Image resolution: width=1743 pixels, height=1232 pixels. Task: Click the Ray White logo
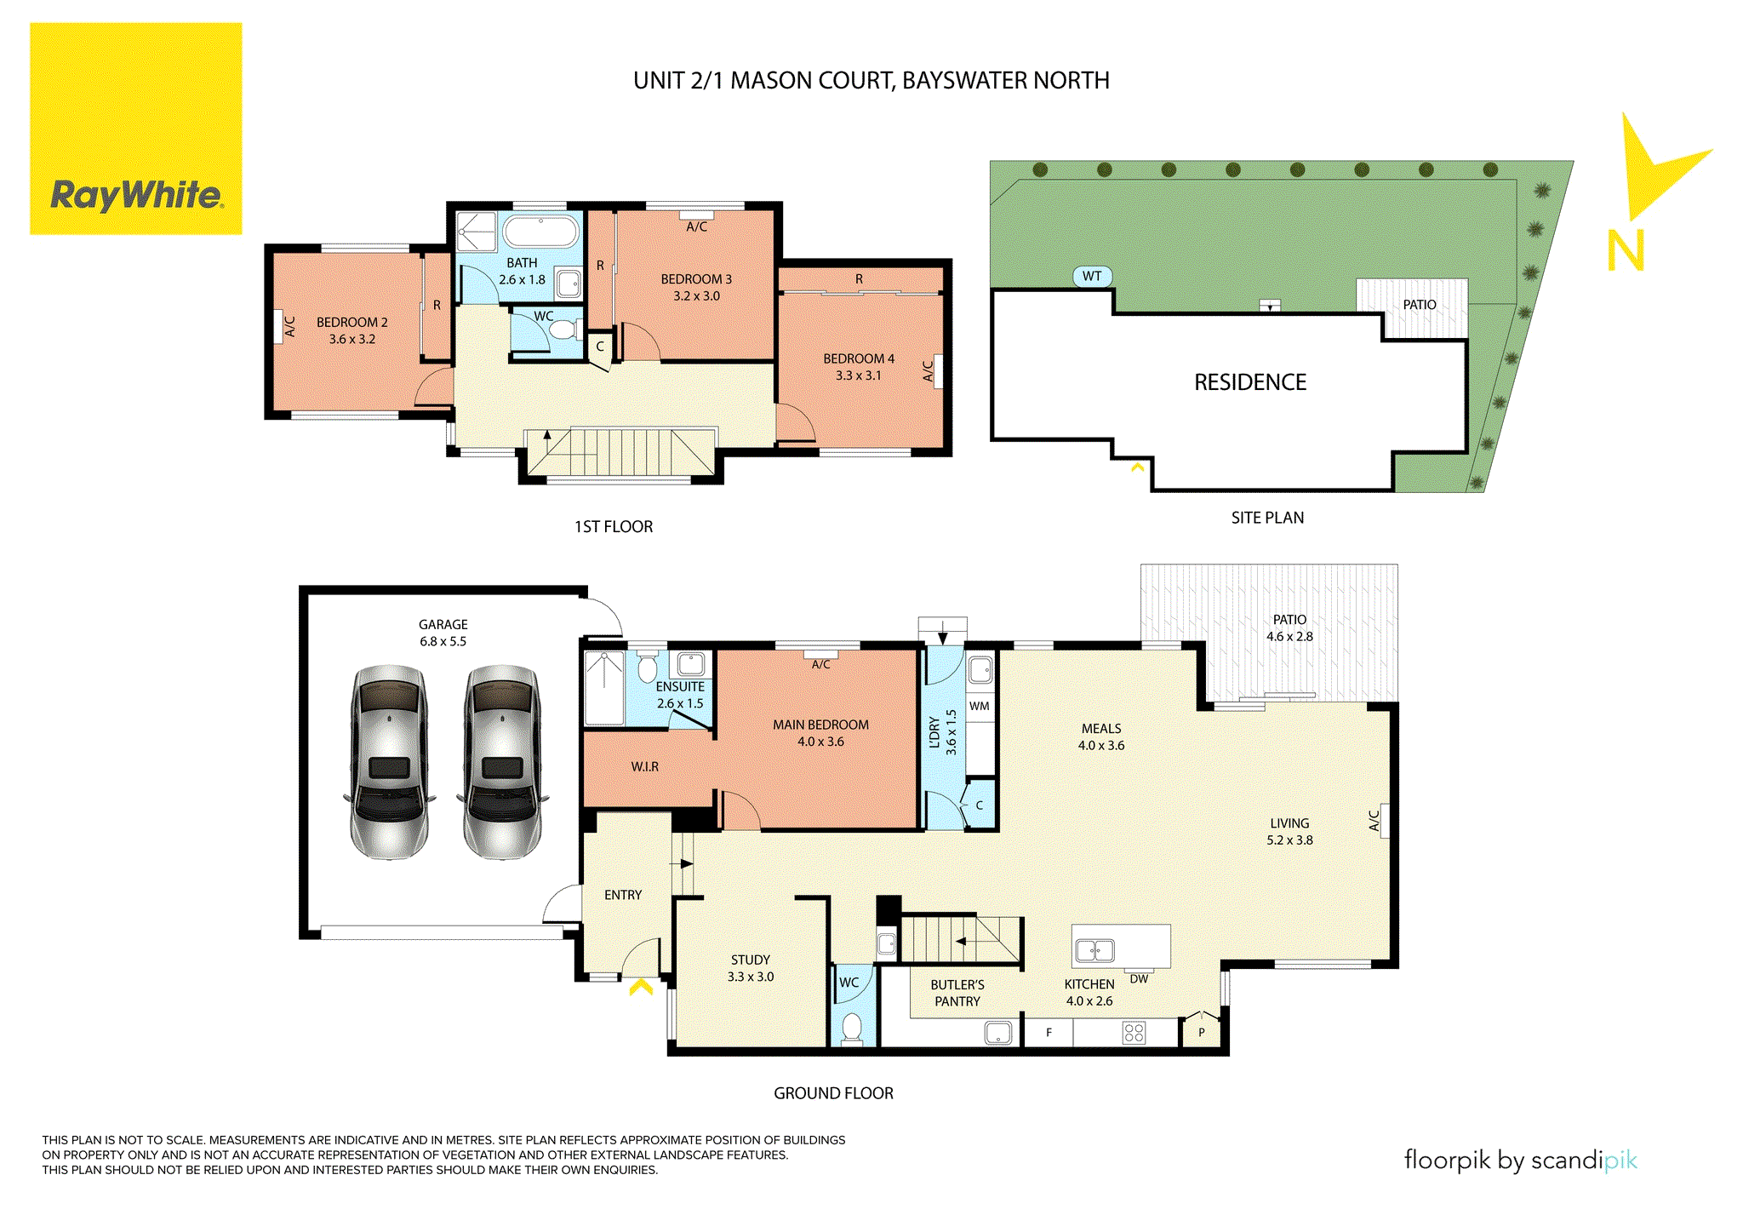136,129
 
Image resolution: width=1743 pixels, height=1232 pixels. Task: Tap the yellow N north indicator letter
1625,250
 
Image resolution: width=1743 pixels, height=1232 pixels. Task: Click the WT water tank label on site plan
1092,276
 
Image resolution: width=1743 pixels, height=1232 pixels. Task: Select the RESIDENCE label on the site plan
1249,382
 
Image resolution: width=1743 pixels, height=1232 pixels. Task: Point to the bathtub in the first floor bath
540,231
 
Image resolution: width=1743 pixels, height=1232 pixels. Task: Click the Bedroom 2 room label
351,322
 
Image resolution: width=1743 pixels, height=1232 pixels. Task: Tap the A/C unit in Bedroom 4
937,371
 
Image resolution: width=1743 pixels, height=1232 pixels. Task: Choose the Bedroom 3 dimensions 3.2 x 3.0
696,296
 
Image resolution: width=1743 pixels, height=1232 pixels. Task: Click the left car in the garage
390,762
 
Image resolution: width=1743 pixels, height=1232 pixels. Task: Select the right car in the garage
502,762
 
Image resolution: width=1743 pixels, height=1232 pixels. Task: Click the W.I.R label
644,766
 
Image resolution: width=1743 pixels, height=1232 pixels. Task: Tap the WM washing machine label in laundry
980,706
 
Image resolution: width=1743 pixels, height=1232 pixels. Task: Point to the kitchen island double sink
1095,949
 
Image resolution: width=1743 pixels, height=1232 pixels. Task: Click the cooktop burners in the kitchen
1134,1033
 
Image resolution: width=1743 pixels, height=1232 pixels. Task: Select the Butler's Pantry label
957,993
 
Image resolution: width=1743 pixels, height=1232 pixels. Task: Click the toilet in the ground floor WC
851,1028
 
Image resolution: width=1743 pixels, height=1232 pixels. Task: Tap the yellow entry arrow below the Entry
641,988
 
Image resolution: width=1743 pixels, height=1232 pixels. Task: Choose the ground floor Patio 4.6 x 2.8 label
1289,628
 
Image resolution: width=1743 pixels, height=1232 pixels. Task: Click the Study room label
750,960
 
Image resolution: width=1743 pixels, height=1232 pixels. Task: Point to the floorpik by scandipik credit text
1520,1160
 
